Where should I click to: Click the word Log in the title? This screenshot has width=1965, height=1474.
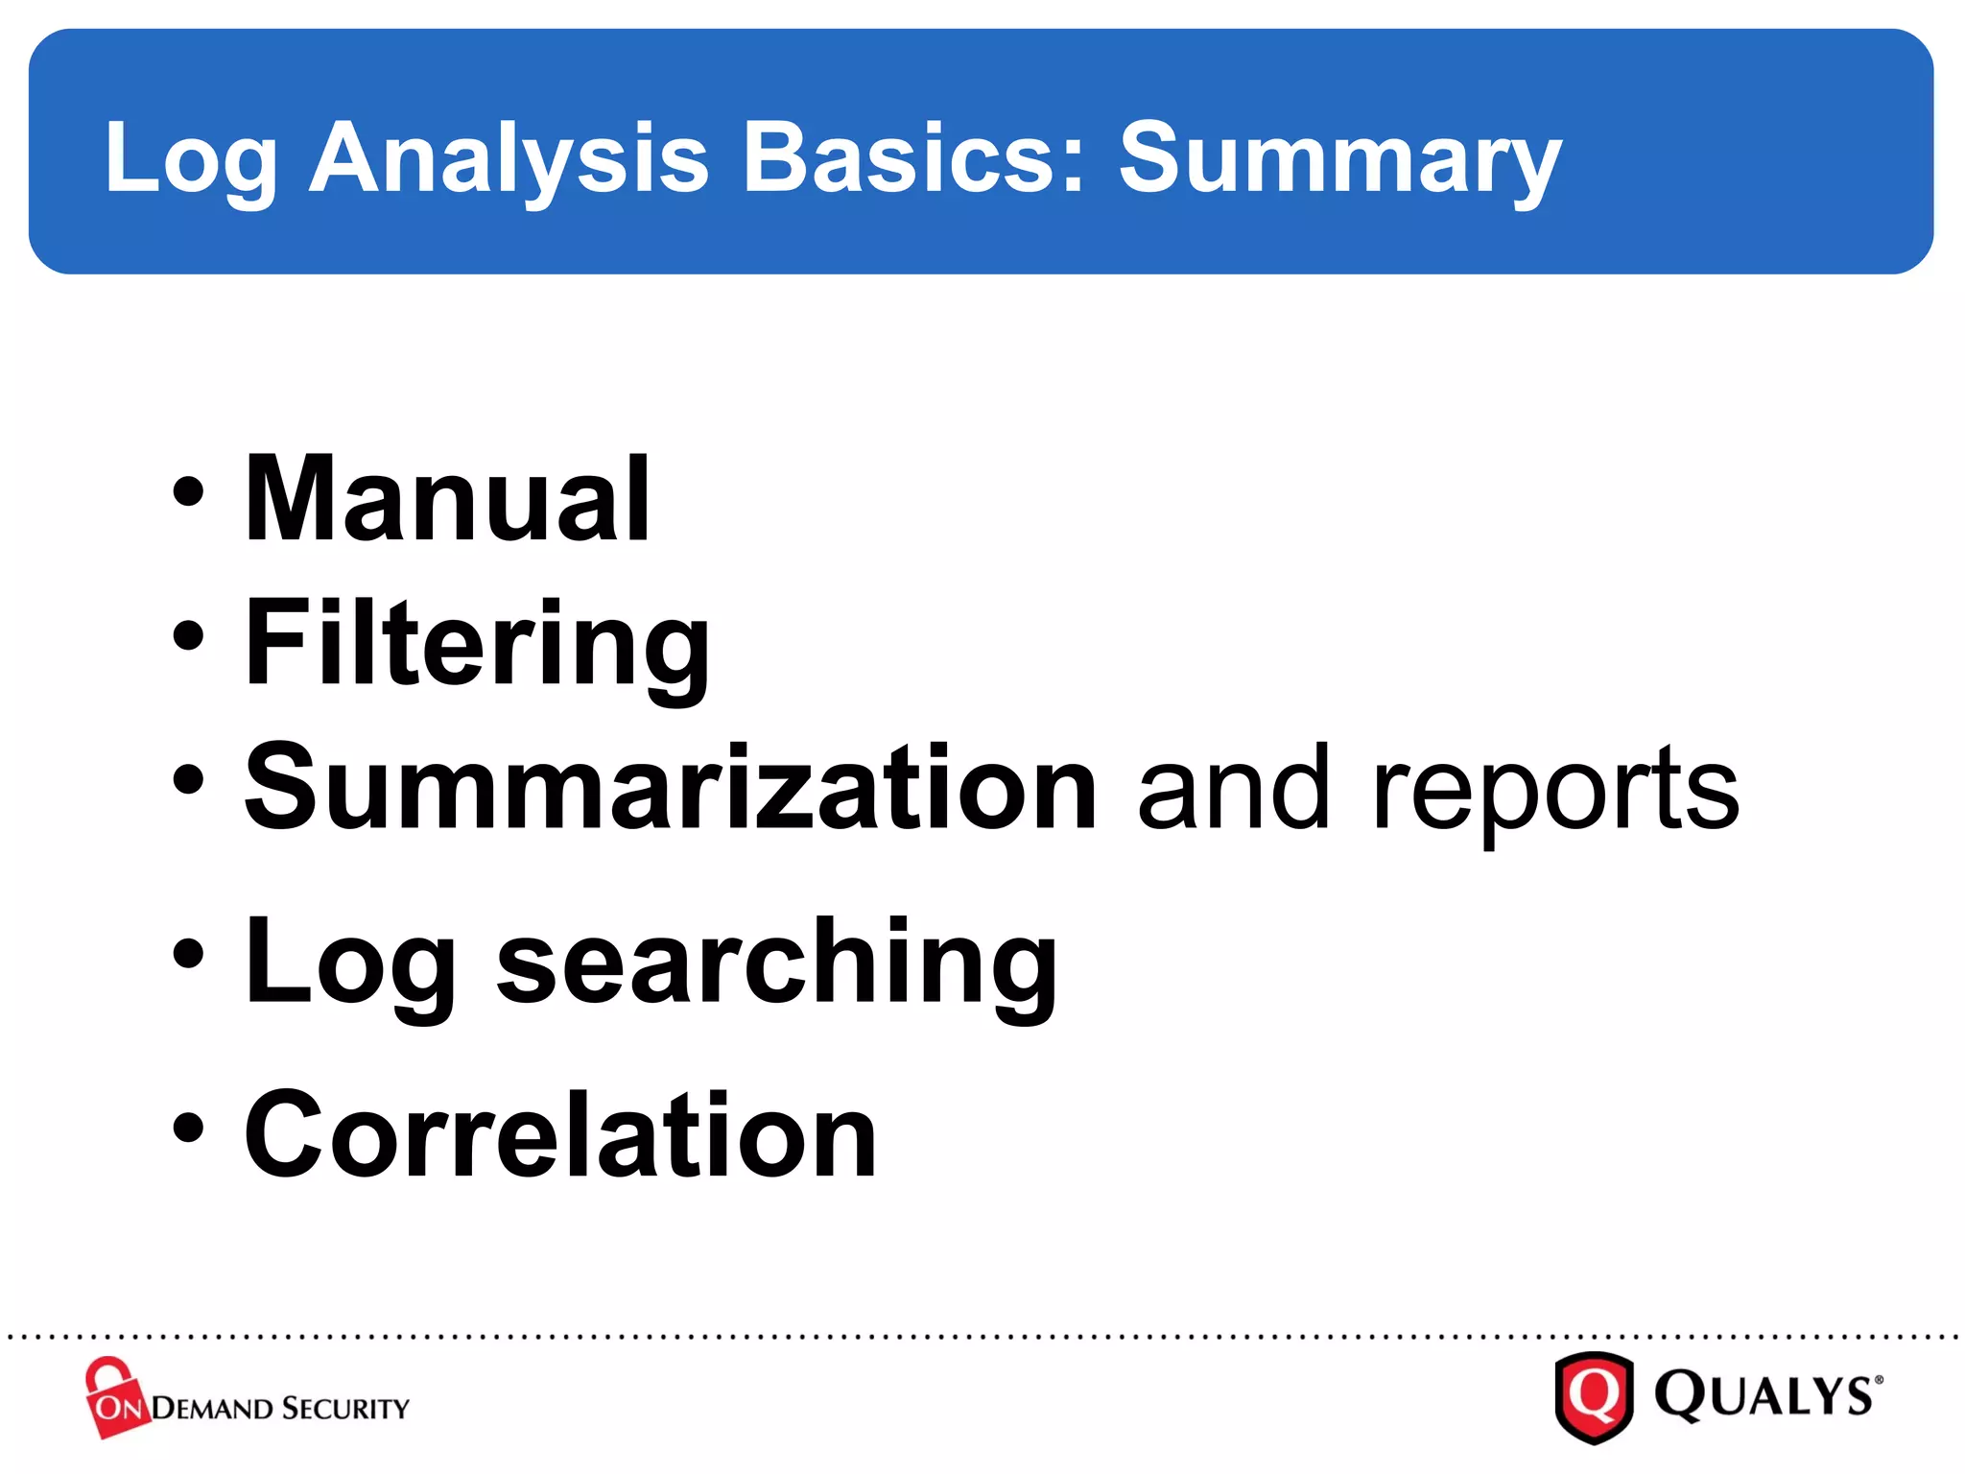190,158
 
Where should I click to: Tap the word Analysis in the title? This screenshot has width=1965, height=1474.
509,158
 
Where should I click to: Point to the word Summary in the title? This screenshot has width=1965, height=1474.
1339,158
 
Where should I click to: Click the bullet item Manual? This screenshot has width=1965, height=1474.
447,499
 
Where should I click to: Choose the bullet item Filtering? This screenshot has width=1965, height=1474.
477,643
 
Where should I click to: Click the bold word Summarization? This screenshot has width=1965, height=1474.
670,787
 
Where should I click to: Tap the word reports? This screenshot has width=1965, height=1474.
1554,792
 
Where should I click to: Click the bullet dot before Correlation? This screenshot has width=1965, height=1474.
189,1129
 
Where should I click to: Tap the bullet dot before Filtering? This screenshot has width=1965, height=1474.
189,635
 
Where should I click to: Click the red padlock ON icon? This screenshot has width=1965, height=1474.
115,1398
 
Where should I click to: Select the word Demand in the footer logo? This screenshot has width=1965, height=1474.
213,1409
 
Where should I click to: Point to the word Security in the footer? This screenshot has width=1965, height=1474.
346,1409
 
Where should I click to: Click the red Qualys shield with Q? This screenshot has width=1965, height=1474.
1594,1396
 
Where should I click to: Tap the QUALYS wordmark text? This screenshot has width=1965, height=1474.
1765,1396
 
